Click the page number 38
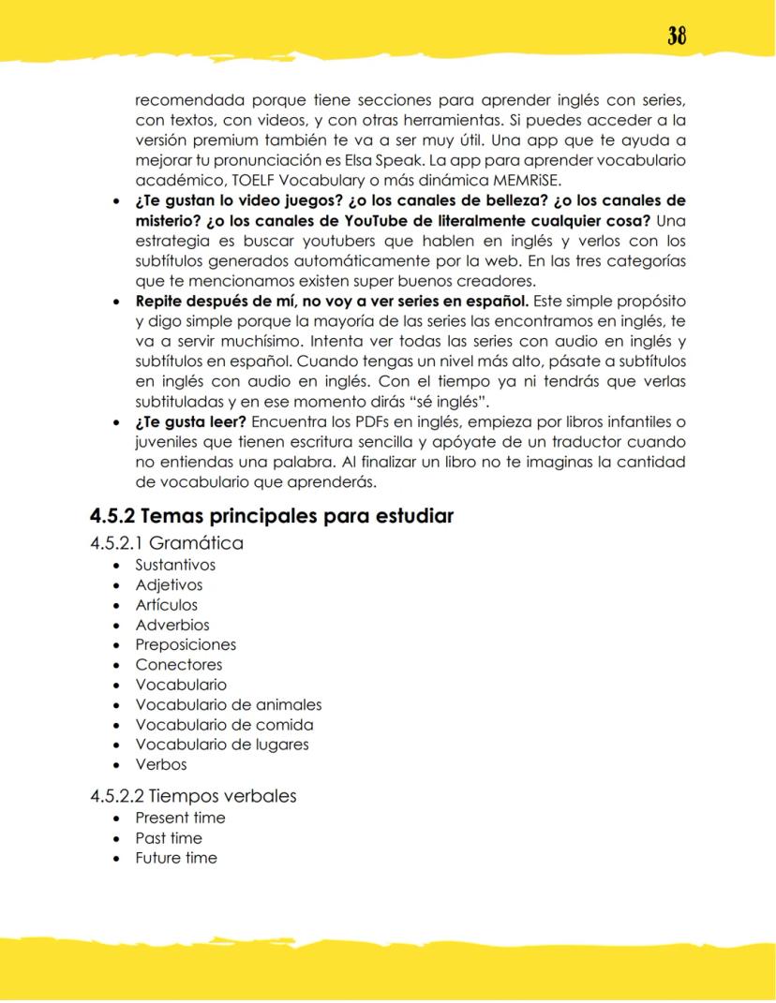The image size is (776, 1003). tap(677, 36)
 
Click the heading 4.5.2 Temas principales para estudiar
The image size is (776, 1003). tap(272, 516)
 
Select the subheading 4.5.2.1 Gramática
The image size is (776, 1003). tap(167, 543)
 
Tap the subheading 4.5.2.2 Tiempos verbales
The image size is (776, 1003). tap(193, 796)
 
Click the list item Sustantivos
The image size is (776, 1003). tap(175, 565)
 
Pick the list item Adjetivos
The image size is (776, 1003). tap(169, 585)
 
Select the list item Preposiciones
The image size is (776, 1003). tap(186, 645)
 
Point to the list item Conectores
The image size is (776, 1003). tap(179, 665)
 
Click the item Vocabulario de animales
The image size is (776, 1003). tap(228, 705)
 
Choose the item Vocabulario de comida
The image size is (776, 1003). tap(224, 725)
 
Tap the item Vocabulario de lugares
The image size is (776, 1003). tap(222, 745)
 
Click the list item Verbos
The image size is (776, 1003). tap(161, 764)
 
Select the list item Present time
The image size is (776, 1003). tap(180, 818)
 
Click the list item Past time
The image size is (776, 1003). tap(169, 838)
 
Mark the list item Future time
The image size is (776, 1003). tap(176, 858)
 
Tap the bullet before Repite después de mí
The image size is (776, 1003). tap(114, 302)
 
